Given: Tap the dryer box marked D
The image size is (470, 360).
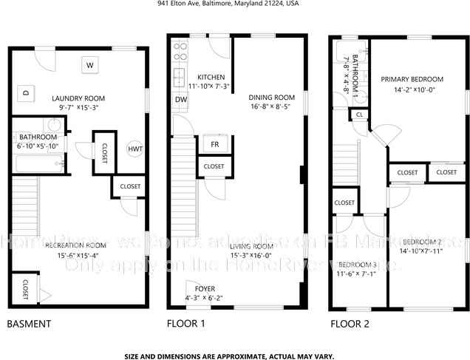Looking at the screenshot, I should (x=25, y=93).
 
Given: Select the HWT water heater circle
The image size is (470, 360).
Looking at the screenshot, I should (x=135, y=149).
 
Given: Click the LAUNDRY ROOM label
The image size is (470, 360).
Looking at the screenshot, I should (x=78, y=98).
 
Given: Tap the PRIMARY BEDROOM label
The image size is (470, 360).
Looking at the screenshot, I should (x=412, y=79).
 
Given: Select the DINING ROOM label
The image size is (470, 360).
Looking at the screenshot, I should (x=271, y=97).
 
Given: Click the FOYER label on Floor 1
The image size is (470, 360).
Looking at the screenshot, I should (x=205, y=288).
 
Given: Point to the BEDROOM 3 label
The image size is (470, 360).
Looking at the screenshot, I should (x=358, y=265).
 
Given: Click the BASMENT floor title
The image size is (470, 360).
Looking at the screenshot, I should (x=28, y=324).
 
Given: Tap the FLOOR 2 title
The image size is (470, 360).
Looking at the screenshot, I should (x=350, y=324).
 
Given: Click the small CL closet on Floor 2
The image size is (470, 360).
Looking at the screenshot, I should (x=359, y=115).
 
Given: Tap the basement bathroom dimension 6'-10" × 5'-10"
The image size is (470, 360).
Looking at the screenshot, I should (x=38, y=146).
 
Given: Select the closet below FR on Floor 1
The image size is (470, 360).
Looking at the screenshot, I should (x=214, y=166).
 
